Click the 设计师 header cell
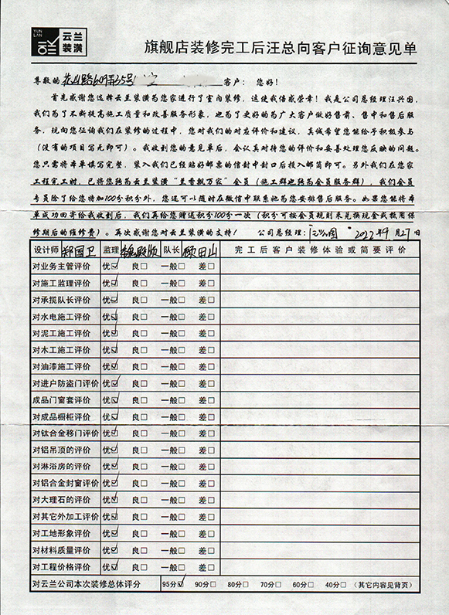coord(45,250)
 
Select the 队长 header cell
coord(171,250)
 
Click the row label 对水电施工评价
coord(61,317)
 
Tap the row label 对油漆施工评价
coord(61,366)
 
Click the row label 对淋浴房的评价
coord(61,466)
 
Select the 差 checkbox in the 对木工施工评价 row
coord(211,350)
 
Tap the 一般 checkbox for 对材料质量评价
coord(182,550)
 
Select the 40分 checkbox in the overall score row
coord(345,584)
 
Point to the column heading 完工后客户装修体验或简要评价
coord(319,250)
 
